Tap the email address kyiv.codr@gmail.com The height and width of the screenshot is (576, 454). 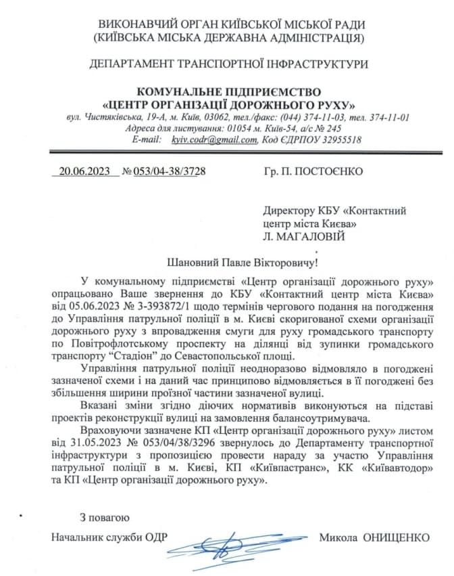coord(214,139)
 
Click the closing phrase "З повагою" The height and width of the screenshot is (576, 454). coord(104,518)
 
